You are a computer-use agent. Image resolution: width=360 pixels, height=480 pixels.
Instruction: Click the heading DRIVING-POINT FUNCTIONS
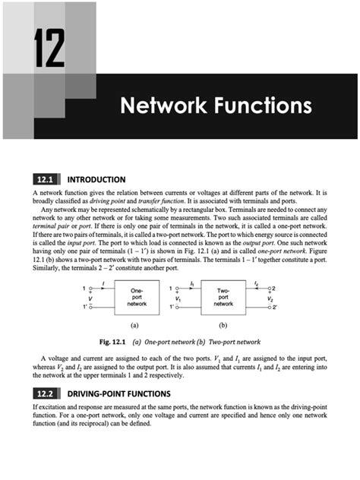click(125, 394)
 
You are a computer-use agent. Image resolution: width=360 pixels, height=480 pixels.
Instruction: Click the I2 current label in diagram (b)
click(257, 282)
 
